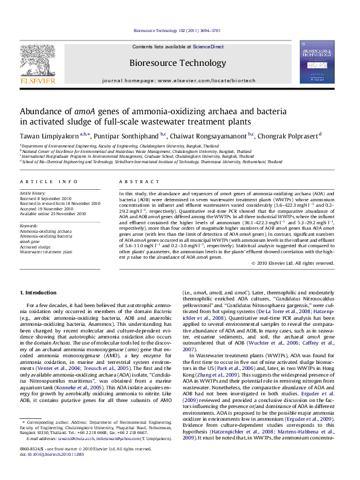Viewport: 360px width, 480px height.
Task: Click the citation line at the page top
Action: (x=179, y=30)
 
